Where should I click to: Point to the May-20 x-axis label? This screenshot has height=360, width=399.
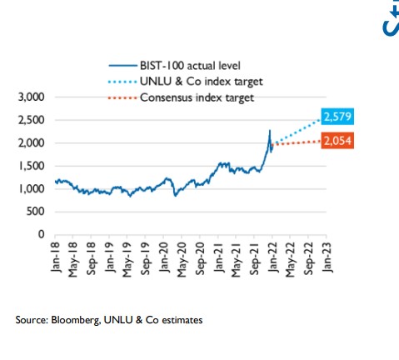[182, 258]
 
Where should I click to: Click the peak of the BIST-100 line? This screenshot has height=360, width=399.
[269, 130]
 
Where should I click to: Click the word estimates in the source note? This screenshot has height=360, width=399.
[180, 319]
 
